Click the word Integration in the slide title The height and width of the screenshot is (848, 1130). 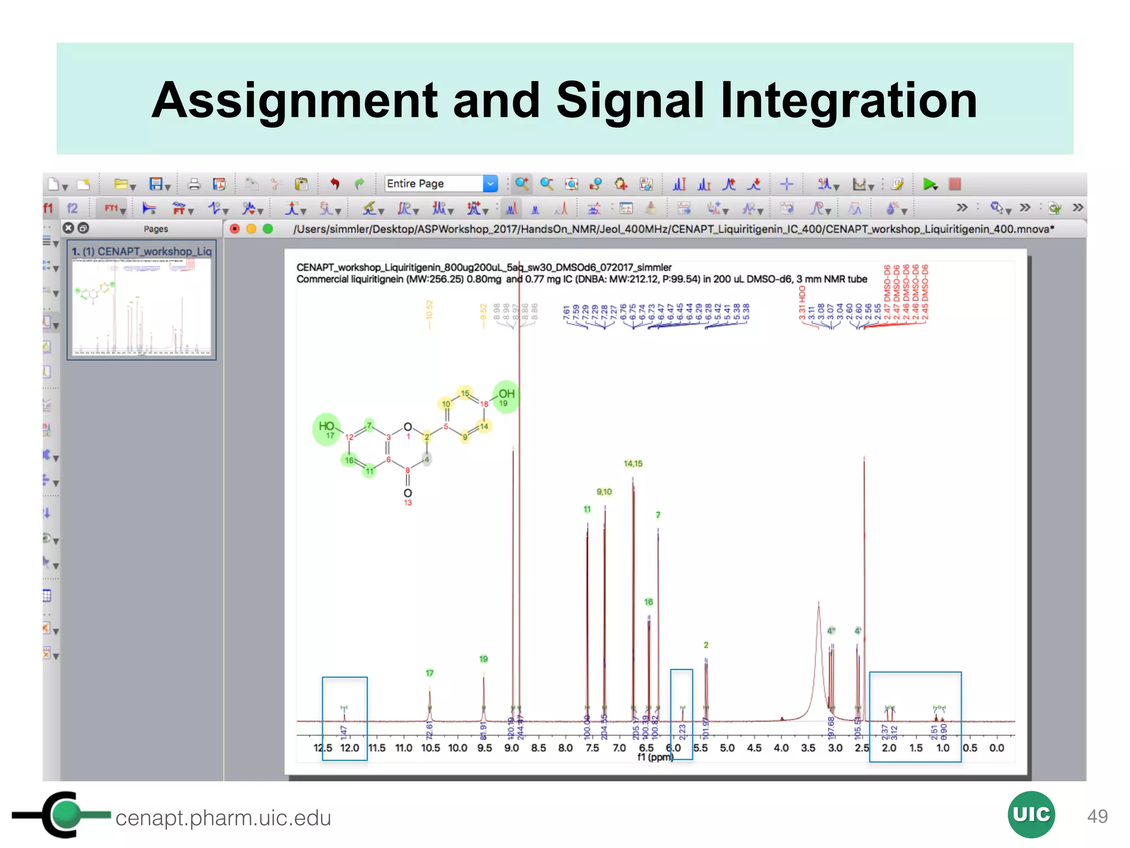(849, 100)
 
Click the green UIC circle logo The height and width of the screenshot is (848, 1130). (1031, 814)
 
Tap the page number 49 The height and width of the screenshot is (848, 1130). (1097, 816)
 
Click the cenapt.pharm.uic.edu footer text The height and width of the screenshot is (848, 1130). (223, 818)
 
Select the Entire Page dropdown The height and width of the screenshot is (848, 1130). (440, 183)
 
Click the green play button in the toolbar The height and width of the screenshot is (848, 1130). (930, 184)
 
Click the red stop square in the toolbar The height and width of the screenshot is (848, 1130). (955, 184)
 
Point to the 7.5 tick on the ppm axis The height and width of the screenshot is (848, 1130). (592, 748)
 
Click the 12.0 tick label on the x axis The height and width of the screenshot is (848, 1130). (349, 748)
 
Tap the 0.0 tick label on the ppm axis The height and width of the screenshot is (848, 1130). (996, 748)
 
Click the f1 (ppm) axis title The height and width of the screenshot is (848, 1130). (655, 757)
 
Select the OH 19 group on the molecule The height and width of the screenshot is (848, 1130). (506, 396)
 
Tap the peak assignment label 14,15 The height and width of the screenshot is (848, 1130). (633, 464)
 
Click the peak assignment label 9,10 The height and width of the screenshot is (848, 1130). (604, 492)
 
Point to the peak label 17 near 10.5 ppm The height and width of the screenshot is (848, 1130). (430, 673)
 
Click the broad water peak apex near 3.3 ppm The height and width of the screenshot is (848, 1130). (818, 603)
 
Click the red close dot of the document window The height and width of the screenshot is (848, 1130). (234, 229)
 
